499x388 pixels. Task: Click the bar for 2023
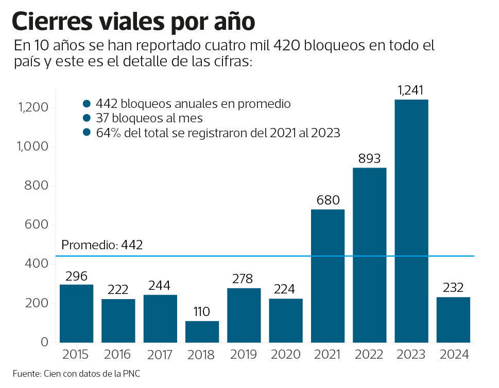411,221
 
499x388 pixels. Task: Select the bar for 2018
202,331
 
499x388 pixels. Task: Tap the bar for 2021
328,275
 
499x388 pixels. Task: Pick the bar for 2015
76,313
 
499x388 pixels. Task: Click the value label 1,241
410,91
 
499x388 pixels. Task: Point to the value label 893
369,159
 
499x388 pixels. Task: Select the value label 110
202,312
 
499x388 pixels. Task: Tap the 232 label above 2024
453,288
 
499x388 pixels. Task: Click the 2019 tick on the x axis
244,355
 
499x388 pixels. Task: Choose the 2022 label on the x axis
369,355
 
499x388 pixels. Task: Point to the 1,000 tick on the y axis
33,147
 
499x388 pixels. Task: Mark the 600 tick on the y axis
37,225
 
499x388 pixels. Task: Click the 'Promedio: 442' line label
102,245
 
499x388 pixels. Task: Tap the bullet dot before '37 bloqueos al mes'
87,118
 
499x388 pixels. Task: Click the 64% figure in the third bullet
107,133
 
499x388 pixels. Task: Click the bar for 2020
286,321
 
